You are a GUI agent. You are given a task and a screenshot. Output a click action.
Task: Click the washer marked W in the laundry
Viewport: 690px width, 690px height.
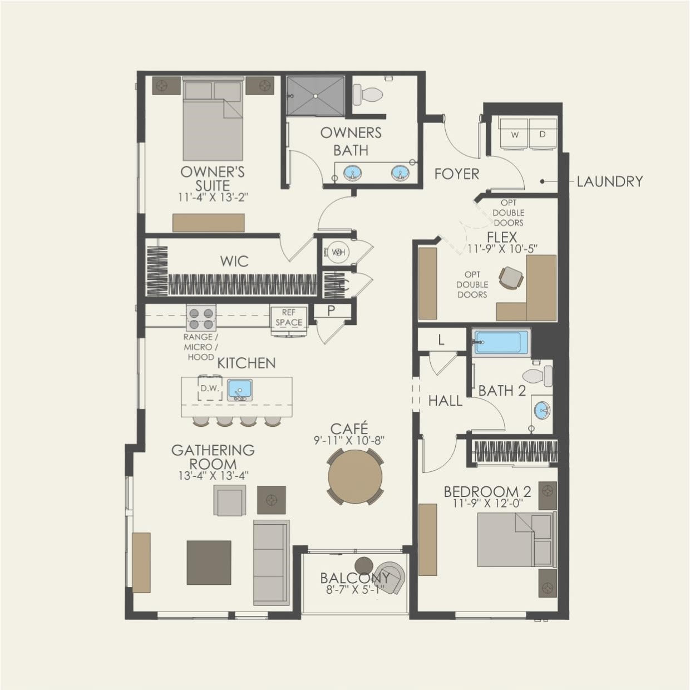(x=514, y=134)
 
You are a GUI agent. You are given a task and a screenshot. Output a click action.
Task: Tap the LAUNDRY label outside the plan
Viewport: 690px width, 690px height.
(x=609, y=181)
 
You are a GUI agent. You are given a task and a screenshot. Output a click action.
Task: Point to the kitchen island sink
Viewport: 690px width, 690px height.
(x=240, y=390)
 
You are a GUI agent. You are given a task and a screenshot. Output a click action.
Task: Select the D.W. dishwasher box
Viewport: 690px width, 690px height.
(x=210, y=388)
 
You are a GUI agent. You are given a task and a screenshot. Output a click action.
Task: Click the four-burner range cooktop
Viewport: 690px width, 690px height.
(x=201, y=318)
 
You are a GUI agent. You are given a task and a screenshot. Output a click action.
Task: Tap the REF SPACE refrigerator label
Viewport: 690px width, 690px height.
(x=288, y=318)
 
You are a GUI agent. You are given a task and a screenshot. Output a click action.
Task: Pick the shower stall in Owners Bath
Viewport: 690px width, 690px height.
(x=316, y=96)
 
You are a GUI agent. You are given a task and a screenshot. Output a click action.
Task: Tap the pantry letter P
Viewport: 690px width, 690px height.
(x=331, y=311)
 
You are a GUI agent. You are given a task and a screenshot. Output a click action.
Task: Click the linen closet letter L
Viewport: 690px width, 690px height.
(x=441, y=340)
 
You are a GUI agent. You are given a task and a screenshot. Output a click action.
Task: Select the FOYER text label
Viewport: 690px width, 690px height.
(x=456, y=174)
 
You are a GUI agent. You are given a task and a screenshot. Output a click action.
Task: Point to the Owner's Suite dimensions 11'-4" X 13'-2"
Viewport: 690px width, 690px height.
(x=212, y=197)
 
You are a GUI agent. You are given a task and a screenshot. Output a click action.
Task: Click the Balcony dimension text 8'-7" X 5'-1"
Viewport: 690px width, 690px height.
(x=355, y=590)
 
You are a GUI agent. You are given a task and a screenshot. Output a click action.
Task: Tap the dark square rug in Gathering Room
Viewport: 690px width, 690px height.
(x=209, y=562)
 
